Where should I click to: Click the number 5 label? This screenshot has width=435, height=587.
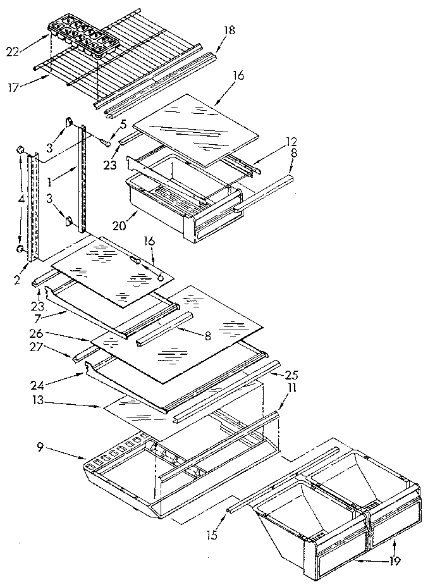(124, 124)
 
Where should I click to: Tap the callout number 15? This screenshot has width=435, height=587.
(212, 536)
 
